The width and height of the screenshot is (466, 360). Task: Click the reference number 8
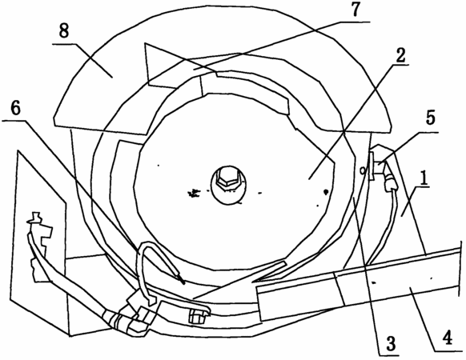coord(63,31)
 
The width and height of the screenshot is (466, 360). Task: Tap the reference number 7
coord(355,10)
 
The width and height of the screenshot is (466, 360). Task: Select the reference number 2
coord(400,54)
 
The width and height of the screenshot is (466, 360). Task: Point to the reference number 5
coord(431,117)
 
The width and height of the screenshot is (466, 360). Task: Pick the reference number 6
coord(15,108)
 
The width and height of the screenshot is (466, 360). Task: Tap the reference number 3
coord(390,344)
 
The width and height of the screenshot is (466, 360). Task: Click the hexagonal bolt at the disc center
coord(227,178)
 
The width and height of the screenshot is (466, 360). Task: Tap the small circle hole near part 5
coord(363,170)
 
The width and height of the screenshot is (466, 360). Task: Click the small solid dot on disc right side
coord(326,191)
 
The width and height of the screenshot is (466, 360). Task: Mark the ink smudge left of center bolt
coord(194,194)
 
